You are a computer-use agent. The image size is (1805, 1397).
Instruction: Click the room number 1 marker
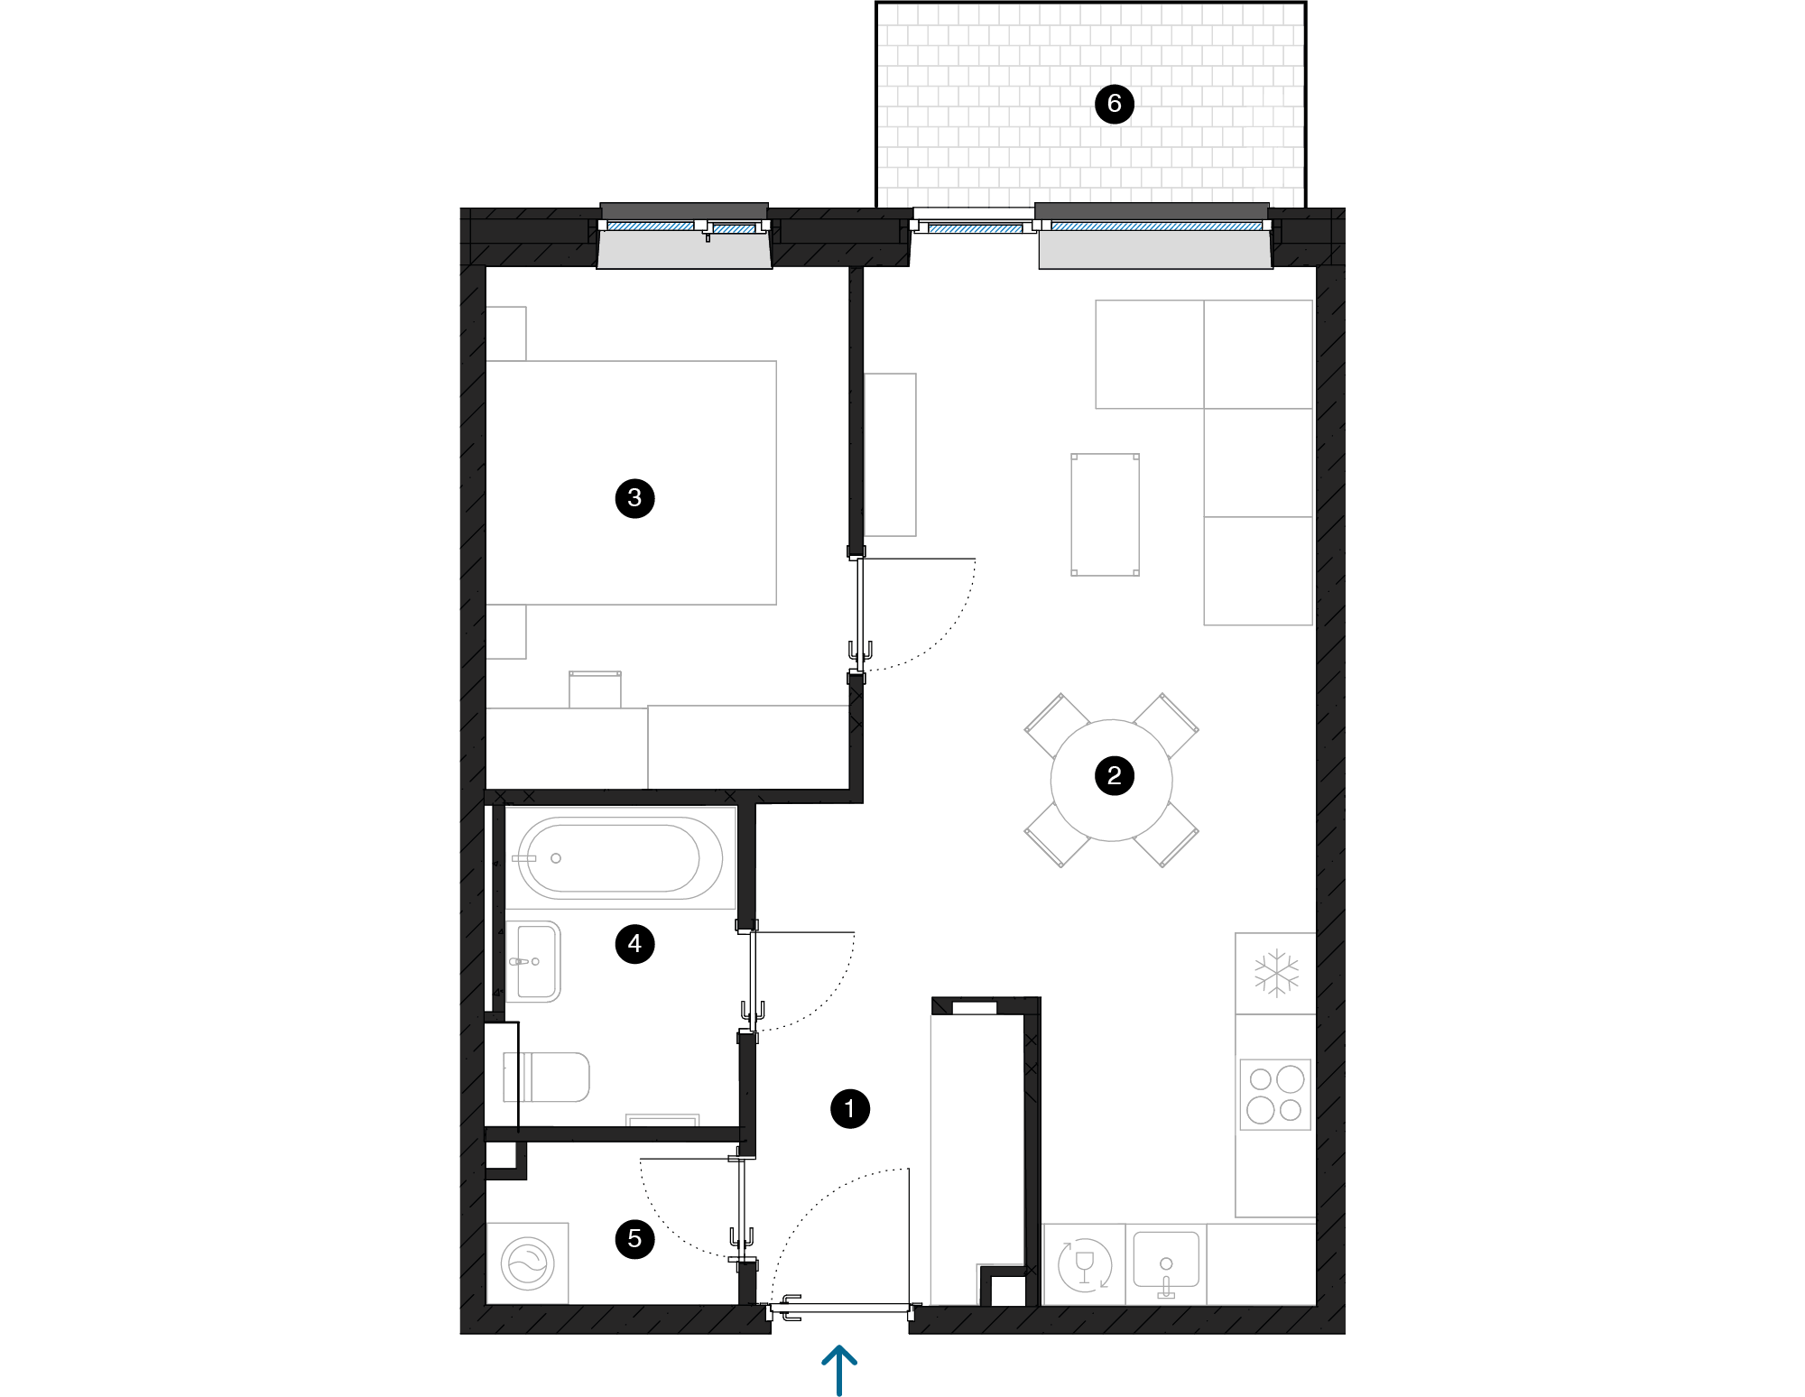tap(849, 1109)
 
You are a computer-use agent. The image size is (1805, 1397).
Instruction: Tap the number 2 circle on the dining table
tap(1114, 775)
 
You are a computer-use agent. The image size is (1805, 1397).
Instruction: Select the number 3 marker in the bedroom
tap(634, 497)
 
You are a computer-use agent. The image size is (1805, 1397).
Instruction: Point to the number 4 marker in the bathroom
tap(634, 944)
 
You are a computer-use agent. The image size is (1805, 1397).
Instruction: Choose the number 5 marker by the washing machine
tap(634, 1238)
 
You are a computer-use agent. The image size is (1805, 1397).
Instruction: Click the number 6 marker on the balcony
tap(1114, 104)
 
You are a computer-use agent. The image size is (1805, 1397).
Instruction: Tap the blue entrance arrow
tap(839, 1368)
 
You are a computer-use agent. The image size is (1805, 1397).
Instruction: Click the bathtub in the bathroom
tap(620, 857)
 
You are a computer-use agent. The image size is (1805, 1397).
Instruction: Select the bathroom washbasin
tap(533, 961)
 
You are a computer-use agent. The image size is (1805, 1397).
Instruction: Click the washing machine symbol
tap(528, 1263)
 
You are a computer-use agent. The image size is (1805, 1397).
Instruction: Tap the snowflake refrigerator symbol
tap(1276, 973)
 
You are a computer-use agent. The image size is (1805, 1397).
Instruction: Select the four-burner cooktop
tap(1275, 1095)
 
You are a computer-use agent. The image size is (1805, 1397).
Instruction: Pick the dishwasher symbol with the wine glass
tap(1084, 1264)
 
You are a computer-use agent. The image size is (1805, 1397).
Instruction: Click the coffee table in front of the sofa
tap(1105, 514)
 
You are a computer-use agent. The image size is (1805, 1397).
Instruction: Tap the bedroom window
tap(684, 227)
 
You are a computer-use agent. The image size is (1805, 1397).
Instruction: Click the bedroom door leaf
tap(859, 614)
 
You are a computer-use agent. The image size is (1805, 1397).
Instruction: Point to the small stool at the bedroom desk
tap(595, 689)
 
